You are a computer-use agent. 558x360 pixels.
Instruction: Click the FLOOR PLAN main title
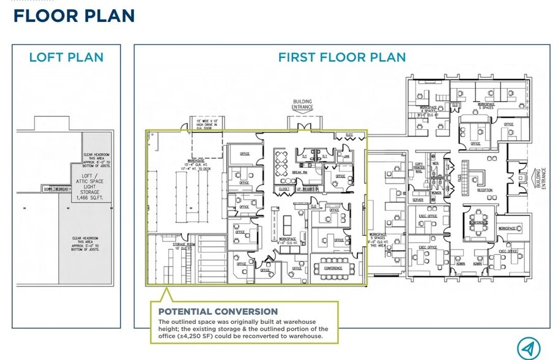(74, 16)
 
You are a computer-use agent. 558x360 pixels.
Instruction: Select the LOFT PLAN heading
(66, 58)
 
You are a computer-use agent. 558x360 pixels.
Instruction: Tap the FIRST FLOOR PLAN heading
(341, 58)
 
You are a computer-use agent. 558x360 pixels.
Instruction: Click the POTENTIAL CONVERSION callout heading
(218, 312)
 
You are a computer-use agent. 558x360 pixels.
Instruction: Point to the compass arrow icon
(529, 348)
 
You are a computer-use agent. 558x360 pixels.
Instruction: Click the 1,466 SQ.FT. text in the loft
(89, 198)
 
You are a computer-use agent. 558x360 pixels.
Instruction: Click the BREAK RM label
(299, 173)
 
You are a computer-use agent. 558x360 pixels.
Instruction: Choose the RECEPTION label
(485, 190)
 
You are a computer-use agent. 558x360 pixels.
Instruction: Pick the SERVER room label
(418, 200)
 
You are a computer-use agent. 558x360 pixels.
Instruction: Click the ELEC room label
(349, 135)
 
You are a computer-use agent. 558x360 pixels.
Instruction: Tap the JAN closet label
(346, 156)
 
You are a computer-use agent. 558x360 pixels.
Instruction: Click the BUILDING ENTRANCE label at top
(302, 105)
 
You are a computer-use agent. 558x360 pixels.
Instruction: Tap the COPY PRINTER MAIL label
(420, 167)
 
